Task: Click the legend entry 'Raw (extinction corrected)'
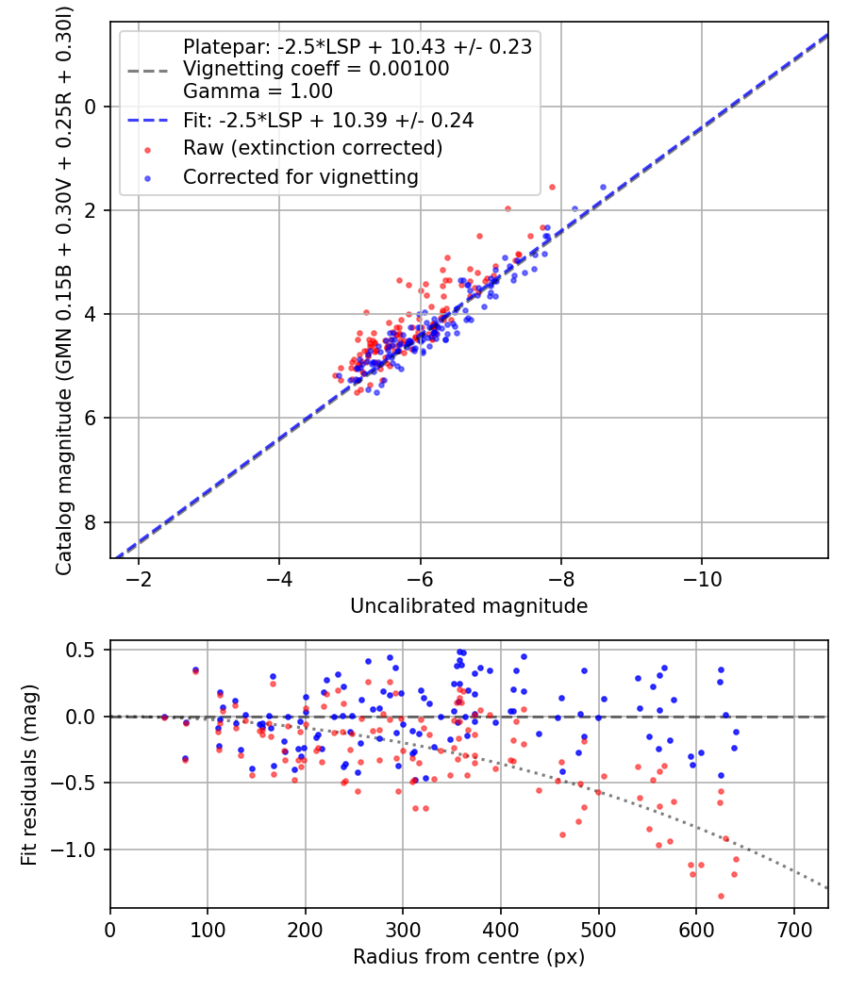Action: [x=312, y=148]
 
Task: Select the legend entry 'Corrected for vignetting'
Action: [x=300, y=176]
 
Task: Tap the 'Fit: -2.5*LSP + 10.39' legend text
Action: [x=327, y=120]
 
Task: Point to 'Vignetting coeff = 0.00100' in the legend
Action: [x=316, y=69]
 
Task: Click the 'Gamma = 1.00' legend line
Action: [x=258, y=91]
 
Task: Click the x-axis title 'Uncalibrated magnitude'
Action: [x=469, y=606]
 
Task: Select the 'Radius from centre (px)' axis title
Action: [x=469, y=957]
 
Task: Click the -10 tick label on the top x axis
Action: [x=701, y=576]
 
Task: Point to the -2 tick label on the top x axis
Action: [x=139, y=576]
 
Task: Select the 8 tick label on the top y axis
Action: [x=92, y=522]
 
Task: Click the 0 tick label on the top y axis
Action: [x=92, y=107]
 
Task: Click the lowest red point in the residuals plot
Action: [x=721, y=896]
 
